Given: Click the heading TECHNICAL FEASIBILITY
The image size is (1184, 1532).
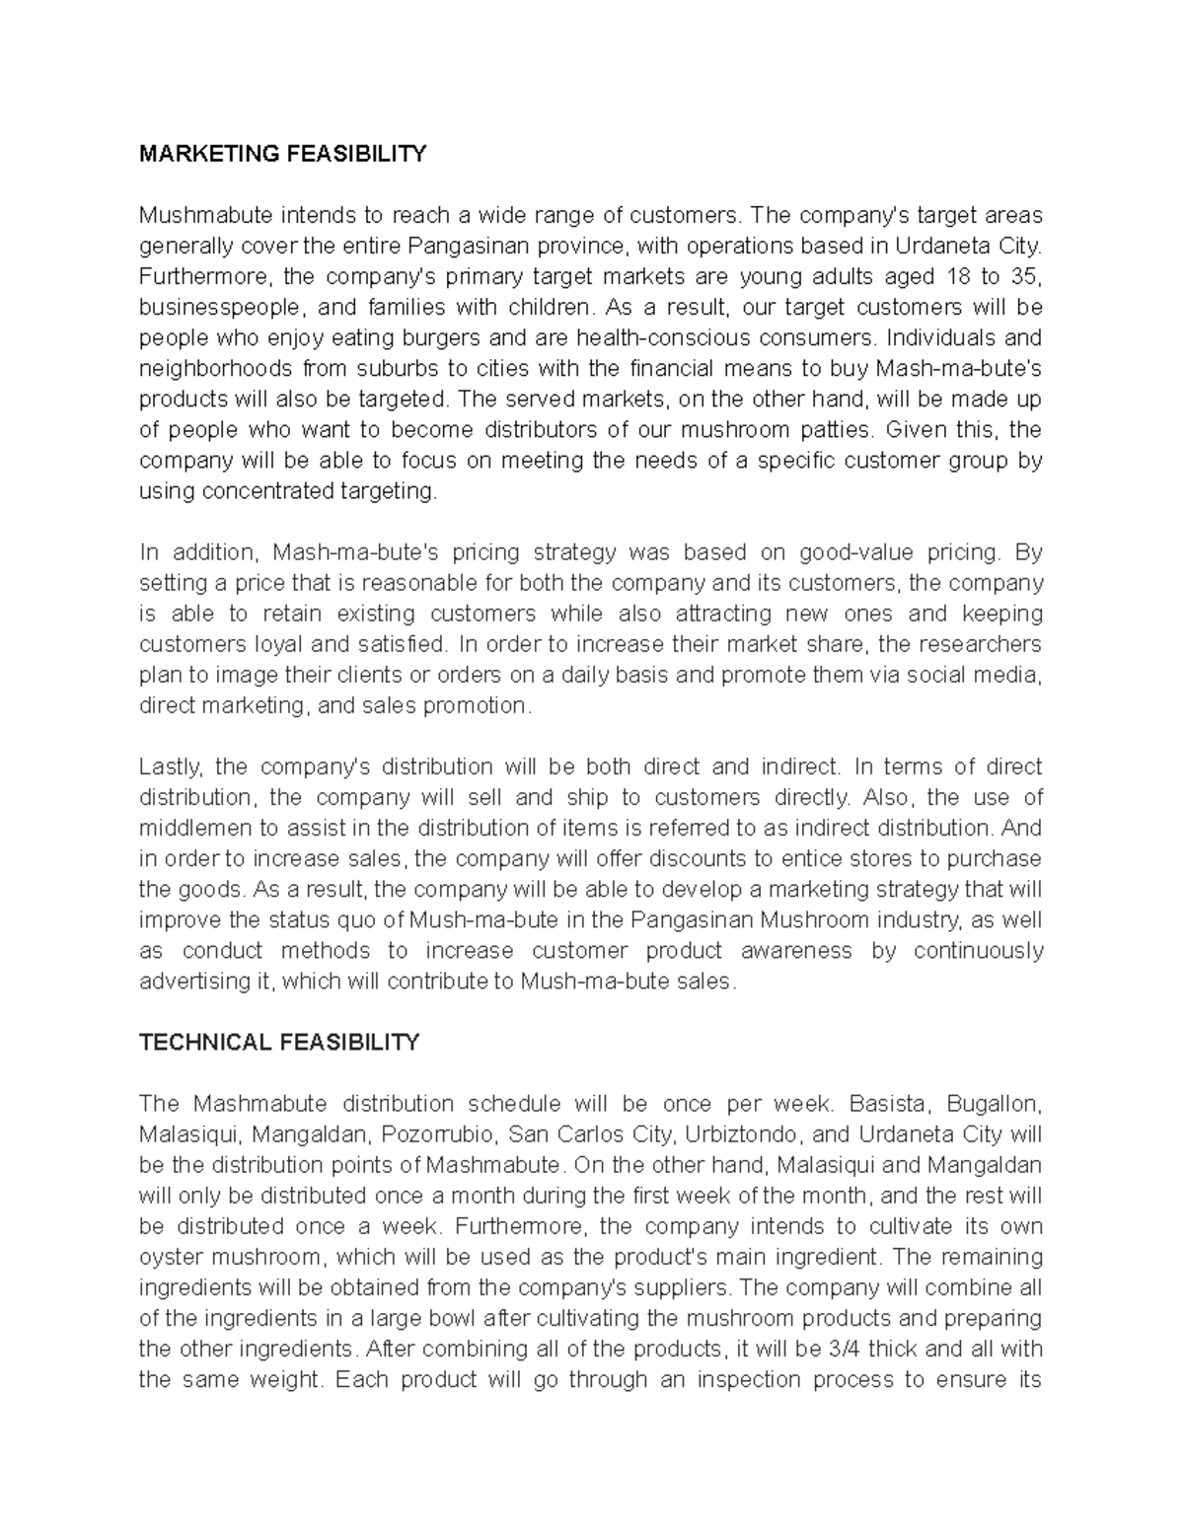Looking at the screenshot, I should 279,1042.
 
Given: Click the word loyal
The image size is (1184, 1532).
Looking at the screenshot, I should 254,644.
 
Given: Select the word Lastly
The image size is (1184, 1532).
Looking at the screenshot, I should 170,766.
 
